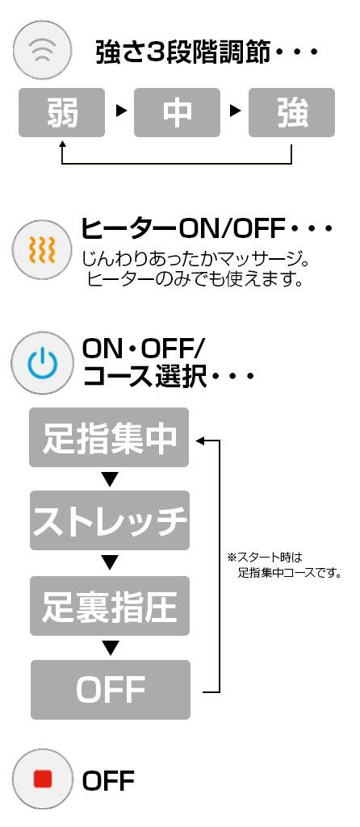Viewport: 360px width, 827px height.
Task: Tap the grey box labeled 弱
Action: coord(62,112)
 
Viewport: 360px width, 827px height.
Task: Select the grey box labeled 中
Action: coord(177,112)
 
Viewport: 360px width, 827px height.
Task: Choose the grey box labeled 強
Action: coord(292,112)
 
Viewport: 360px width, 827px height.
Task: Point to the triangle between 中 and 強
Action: coord(236,111)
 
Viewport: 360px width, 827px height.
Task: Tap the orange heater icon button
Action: coord(42,249)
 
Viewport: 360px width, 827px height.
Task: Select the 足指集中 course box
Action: coord(109,437)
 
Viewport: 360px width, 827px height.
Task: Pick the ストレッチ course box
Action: coord(109,520)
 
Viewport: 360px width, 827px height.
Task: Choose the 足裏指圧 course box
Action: coord(109,605)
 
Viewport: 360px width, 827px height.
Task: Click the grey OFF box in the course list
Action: coord(111,689)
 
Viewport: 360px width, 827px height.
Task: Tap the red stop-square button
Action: coord(42,779)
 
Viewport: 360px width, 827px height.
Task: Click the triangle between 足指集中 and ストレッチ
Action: coord(109,479)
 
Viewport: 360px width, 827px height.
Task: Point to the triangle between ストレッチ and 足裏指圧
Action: coord(109,563)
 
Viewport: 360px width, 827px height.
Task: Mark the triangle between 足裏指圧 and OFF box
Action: coord(109,648)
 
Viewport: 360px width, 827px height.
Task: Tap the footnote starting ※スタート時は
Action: coord(284,564)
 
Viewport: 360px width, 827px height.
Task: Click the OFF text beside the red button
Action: coord(108,780)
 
